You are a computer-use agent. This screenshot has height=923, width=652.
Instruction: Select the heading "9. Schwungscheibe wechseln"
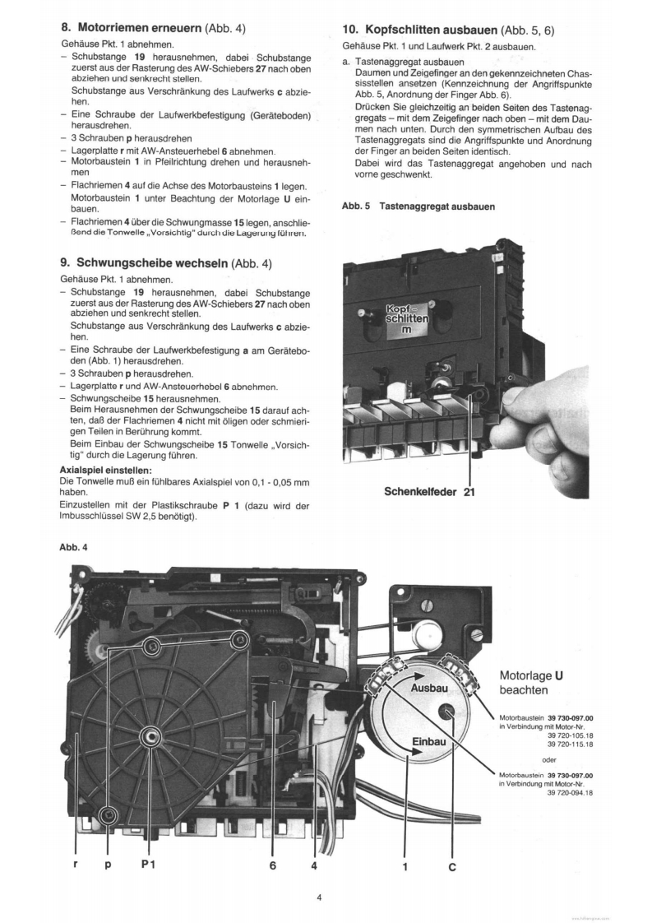pos(165,263)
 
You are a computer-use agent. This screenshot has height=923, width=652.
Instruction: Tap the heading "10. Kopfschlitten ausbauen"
pos(448,30)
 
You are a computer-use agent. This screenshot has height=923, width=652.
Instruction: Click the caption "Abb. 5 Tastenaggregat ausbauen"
pos(418,206)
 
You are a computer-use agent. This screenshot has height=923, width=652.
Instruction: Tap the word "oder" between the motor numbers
pos(550,758)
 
